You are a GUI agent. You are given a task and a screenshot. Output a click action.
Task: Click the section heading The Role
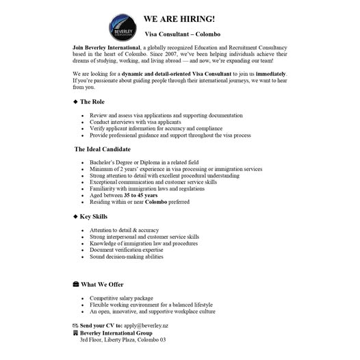94,101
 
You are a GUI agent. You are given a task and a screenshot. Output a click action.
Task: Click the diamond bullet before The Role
75,101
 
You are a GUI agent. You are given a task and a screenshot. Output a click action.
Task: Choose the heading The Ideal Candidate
102,149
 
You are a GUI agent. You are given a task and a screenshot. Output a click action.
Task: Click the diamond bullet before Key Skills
75,216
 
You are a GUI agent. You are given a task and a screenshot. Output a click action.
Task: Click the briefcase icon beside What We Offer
75,283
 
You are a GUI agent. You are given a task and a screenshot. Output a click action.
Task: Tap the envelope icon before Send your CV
75,325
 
